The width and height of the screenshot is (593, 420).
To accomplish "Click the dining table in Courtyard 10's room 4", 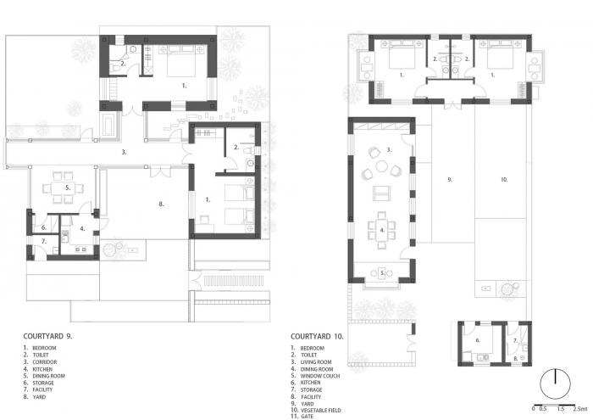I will coord(381,229).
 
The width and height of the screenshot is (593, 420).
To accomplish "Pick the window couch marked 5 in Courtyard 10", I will coord(382,273).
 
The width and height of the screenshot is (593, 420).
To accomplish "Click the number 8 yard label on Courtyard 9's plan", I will coord(160,204).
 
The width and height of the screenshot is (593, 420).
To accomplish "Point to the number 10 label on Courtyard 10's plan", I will coord(503,180).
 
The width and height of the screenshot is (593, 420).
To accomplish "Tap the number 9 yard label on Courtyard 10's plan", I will coord(449,180).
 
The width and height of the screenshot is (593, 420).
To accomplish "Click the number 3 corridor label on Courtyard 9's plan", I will coord(124,153).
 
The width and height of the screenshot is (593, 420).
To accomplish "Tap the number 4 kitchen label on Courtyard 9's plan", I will coord(83,227).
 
